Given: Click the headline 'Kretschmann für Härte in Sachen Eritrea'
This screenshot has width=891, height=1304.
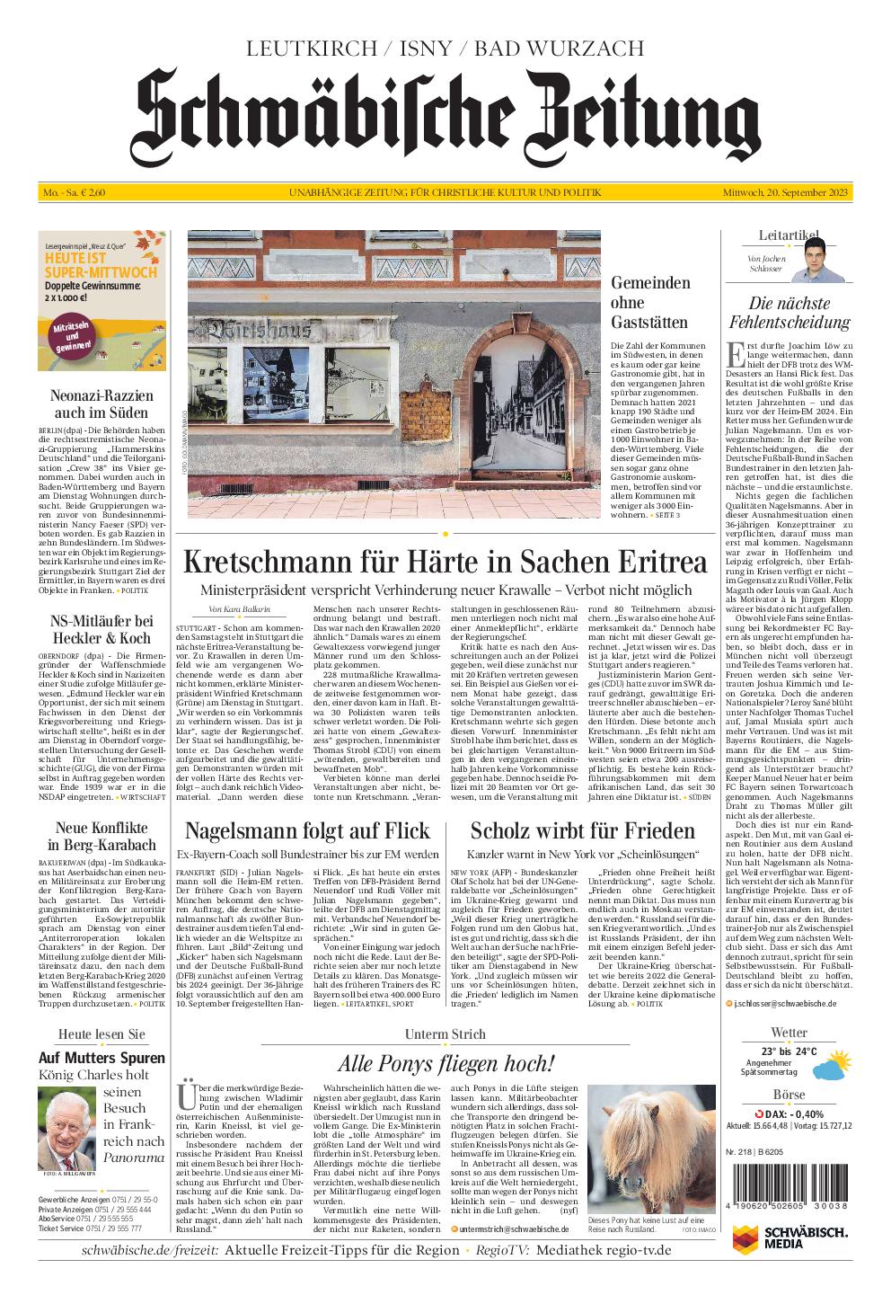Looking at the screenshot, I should tap(445, 562).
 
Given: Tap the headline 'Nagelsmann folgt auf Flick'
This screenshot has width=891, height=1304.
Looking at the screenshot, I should tap(307, 830).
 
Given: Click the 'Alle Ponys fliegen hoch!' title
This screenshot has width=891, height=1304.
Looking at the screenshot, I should tap(445, 1063).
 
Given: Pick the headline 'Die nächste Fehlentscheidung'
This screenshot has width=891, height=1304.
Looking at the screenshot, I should tap(789, 313).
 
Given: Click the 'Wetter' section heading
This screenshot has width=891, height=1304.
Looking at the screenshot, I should tap(789, 1033).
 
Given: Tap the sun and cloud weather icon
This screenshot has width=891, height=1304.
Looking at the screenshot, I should tap(832, 1067).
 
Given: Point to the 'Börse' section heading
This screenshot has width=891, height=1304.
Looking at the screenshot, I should tap(789, 1096).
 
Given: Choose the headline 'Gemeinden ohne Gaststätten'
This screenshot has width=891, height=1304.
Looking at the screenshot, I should tap(650, 303).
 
